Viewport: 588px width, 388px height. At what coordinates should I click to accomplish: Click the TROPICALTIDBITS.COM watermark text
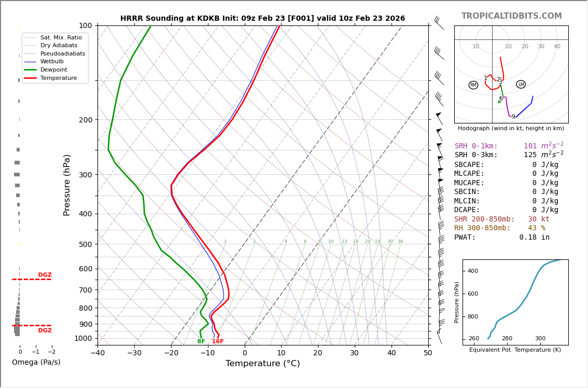511,16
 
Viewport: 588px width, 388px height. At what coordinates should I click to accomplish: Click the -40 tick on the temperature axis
97,353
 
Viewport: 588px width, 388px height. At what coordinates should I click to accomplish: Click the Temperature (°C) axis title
262,364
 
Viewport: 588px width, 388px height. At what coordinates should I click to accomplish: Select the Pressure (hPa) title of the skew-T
67,185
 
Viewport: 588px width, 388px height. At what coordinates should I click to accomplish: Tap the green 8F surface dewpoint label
201,341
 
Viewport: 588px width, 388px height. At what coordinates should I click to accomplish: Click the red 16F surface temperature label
218,341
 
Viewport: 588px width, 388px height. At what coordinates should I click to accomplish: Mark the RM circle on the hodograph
473,85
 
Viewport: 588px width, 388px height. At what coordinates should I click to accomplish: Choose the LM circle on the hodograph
521,85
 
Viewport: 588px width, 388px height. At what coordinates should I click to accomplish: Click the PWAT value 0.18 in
534,238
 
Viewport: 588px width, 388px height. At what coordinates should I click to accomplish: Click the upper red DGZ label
45,275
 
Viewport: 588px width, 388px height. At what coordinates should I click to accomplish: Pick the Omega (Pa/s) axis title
36,363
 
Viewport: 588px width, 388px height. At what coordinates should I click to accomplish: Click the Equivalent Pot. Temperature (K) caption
515,350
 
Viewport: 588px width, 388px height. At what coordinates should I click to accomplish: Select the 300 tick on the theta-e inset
540,339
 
